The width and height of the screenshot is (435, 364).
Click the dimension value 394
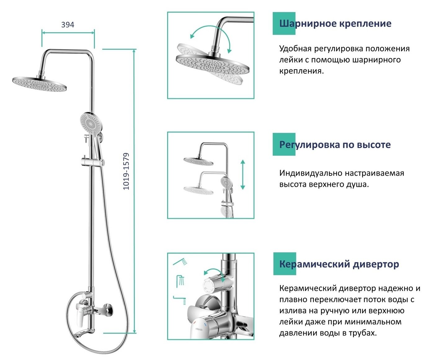68,25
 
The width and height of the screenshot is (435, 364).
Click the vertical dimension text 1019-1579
126,171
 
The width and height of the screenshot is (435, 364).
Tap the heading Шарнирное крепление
335,24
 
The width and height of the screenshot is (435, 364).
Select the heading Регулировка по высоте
335,145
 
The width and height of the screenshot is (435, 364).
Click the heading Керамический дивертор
339,264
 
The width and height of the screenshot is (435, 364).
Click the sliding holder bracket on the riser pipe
92,162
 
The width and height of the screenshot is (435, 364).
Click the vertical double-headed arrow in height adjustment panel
242,175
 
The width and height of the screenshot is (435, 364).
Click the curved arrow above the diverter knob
214,273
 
